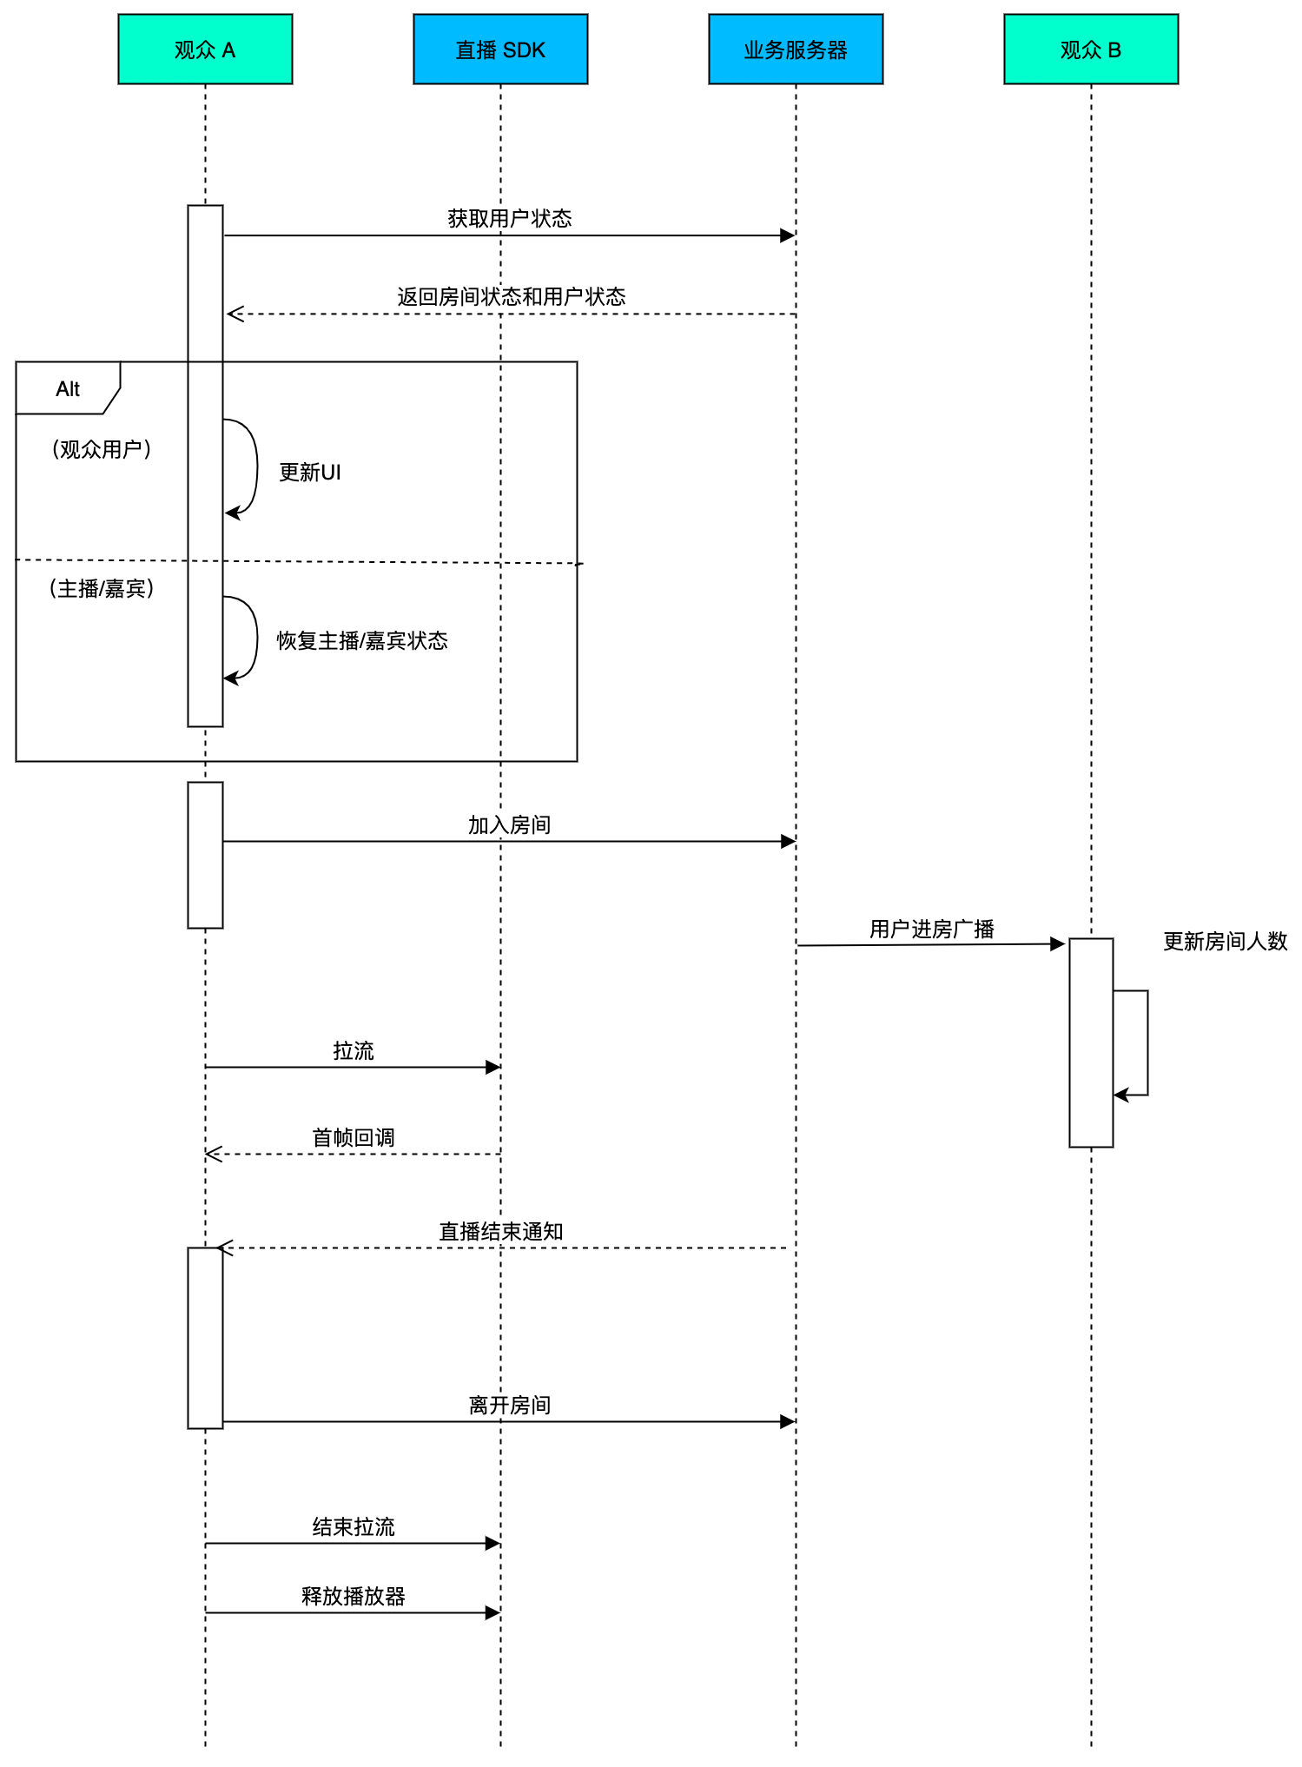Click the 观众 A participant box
(x=205, y=50)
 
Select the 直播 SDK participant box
(x=500, y=50)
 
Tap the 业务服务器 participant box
(x=796, y=50)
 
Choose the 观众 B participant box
(x=1091, y=50)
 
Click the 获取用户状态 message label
(x=510, y=218)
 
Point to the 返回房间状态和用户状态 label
(x=512, y=296)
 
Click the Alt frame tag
(x=68, y=388)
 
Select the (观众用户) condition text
(x=102, y=449)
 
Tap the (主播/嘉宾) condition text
(x=102, y=588)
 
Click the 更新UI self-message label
(x=310, y=472)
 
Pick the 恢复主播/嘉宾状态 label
(x=362, y=640)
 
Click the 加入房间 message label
(x=510, y=824)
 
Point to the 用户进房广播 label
(x=932, y=929)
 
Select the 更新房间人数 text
(x=1226, y=941)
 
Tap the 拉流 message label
(x=354, y=1050)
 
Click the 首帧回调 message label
(x=354, y=1137)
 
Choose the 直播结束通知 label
(x=501, y=1231)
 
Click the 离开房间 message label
(x=510, y=1405)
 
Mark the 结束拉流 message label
(x=354, y=1526)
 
